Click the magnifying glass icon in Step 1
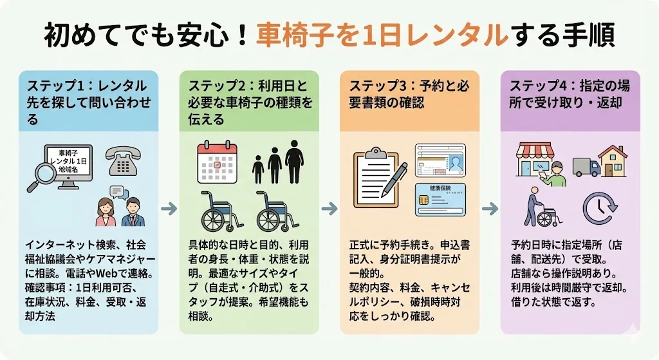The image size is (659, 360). tap(39, 175)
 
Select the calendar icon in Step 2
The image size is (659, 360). tap(217, 162)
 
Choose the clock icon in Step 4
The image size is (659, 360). tap(599, 209)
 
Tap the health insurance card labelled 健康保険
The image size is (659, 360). tap(440, 199)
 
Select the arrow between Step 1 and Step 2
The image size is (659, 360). tap(169, 209)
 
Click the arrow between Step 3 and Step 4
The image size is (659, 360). tap(490, 209)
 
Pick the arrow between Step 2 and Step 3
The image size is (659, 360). tap(329, 209)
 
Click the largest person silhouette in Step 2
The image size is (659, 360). tap(294, 161)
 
